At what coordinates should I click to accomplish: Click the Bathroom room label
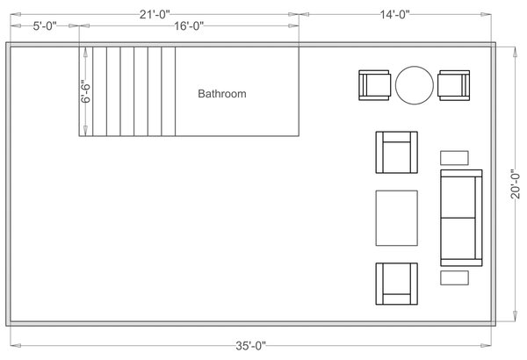221,92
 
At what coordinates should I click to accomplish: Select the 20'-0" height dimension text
516,184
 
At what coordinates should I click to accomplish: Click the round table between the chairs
414,85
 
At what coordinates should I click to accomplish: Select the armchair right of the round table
453,85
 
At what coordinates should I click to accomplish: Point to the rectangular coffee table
397,218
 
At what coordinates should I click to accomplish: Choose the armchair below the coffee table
396,284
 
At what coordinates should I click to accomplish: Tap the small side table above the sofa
454,157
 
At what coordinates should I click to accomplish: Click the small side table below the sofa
454,277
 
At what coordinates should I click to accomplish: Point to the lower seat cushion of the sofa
458,239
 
